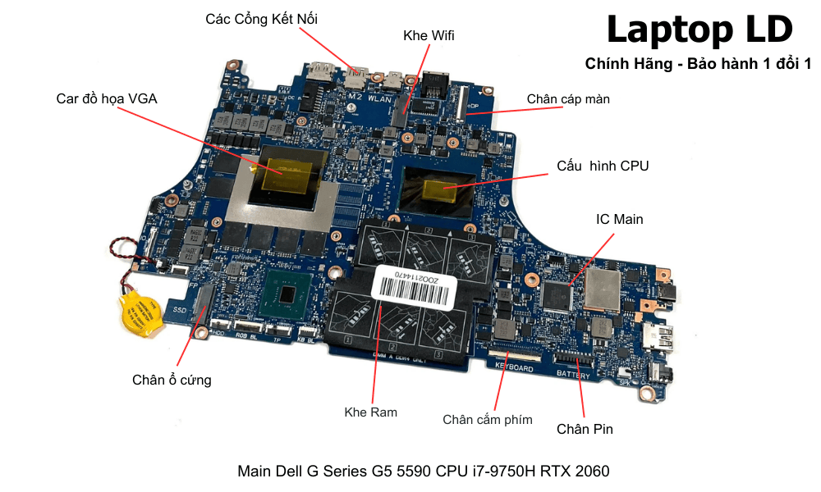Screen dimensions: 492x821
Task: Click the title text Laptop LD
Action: click(699, 30)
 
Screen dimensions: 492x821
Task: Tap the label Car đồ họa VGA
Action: click(107, 98)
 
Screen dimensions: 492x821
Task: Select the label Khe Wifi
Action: click(429, 36)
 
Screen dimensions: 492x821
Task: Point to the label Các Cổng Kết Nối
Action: click(261, 18)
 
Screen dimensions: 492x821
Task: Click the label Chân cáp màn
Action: click(568, 99)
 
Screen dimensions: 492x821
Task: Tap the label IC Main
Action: click(619, 219)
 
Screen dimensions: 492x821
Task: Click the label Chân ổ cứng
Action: click(172, 380)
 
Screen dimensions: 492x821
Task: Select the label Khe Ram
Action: click(371, 412)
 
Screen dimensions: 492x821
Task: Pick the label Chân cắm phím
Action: click(488, 420)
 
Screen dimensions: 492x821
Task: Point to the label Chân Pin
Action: click(585, 429)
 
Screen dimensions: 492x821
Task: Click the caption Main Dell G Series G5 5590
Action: click(424, 471)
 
